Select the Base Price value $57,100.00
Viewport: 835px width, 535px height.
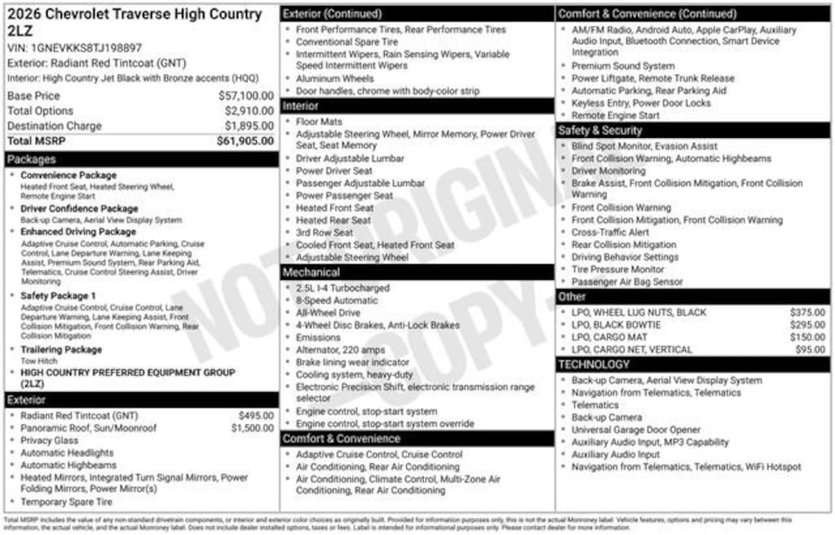[249, 96]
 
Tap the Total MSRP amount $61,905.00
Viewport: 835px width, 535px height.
[245, 141]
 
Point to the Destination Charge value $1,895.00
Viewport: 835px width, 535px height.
[249, 126]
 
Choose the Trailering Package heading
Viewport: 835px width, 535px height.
[61, 350]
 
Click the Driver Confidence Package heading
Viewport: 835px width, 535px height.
[79, 209]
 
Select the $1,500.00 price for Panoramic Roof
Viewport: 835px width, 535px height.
[252, 428]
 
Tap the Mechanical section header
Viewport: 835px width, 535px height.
[311, 272]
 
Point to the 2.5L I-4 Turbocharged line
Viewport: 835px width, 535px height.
[342, 288]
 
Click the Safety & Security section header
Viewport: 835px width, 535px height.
[600, 130]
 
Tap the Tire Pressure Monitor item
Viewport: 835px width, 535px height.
[617, 269]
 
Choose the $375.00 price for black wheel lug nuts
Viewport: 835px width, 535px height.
[807, 312]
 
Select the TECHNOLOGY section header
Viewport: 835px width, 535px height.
[594, 365]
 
